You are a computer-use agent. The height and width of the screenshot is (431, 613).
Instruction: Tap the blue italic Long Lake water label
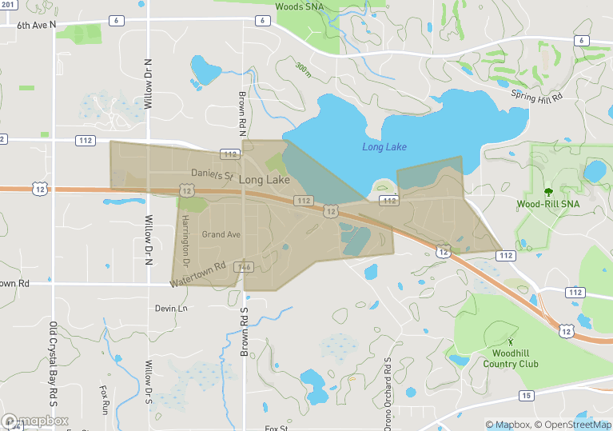[384, 147]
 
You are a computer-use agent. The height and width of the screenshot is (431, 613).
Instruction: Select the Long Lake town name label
[264, 181]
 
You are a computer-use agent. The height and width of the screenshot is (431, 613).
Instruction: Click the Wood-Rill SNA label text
[548, 204]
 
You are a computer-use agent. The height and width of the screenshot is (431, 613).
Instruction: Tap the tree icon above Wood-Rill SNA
[548, 192]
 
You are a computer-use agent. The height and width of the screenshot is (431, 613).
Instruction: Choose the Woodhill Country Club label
[511, 358]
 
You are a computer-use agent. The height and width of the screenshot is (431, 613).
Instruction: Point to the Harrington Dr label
[184, 240]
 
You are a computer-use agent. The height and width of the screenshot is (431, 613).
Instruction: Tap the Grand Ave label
[221, 234]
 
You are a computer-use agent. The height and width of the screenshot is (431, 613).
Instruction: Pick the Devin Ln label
[171, 308]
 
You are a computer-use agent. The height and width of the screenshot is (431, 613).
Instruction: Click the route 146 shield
[245, 267]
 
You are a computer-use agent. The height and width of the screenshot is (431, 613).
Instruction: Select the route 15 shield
[525, 395]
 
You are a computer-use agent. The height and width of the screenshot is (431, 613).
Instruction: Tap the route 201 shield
[6, 5]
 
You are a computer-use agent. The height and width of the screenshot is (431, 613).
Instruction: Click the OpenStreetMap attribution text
[574, 425]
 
